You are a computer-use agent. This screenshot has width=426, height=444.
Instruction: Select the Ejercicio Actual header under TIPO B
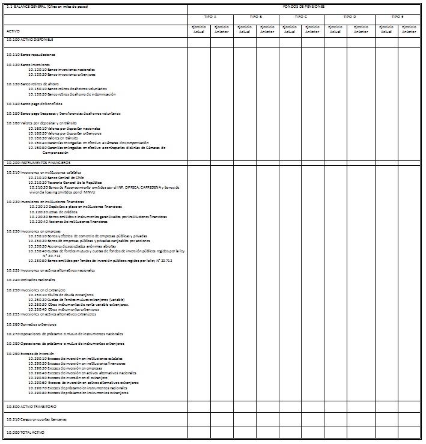[x=245, y=30]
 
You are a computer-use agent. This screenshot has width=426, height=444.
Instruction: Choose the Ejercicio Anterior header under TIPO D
[x=361, y=30]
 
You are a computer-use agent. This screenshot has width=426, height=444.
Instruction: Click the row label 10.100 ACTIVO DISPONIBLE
[x=30, y=40]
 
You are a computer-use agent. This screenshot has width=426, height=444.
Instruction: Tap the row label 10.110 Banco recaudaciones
[x=30, y=54]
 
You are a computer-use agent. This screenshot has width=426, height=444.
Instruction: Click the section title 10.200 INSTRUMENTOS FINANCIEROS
[x=38, y=163]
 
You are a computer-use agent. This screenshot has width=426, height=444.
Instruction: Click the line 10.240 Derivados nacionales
[x=31, y=280]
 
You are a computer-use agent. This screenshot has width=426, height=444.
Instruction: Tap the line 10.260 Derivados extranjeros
[x=31, y=324]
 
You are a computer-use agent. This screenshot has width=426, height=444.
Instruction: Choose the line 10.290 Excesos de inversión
[x=30, y=353]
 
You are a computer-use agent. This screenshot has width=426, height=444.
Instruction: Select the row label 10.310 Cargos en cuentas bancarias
[x=36, y=419]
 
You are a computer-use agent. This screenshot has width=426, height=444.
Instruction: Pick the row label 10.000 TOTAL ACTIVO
[x=26, y=432]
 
